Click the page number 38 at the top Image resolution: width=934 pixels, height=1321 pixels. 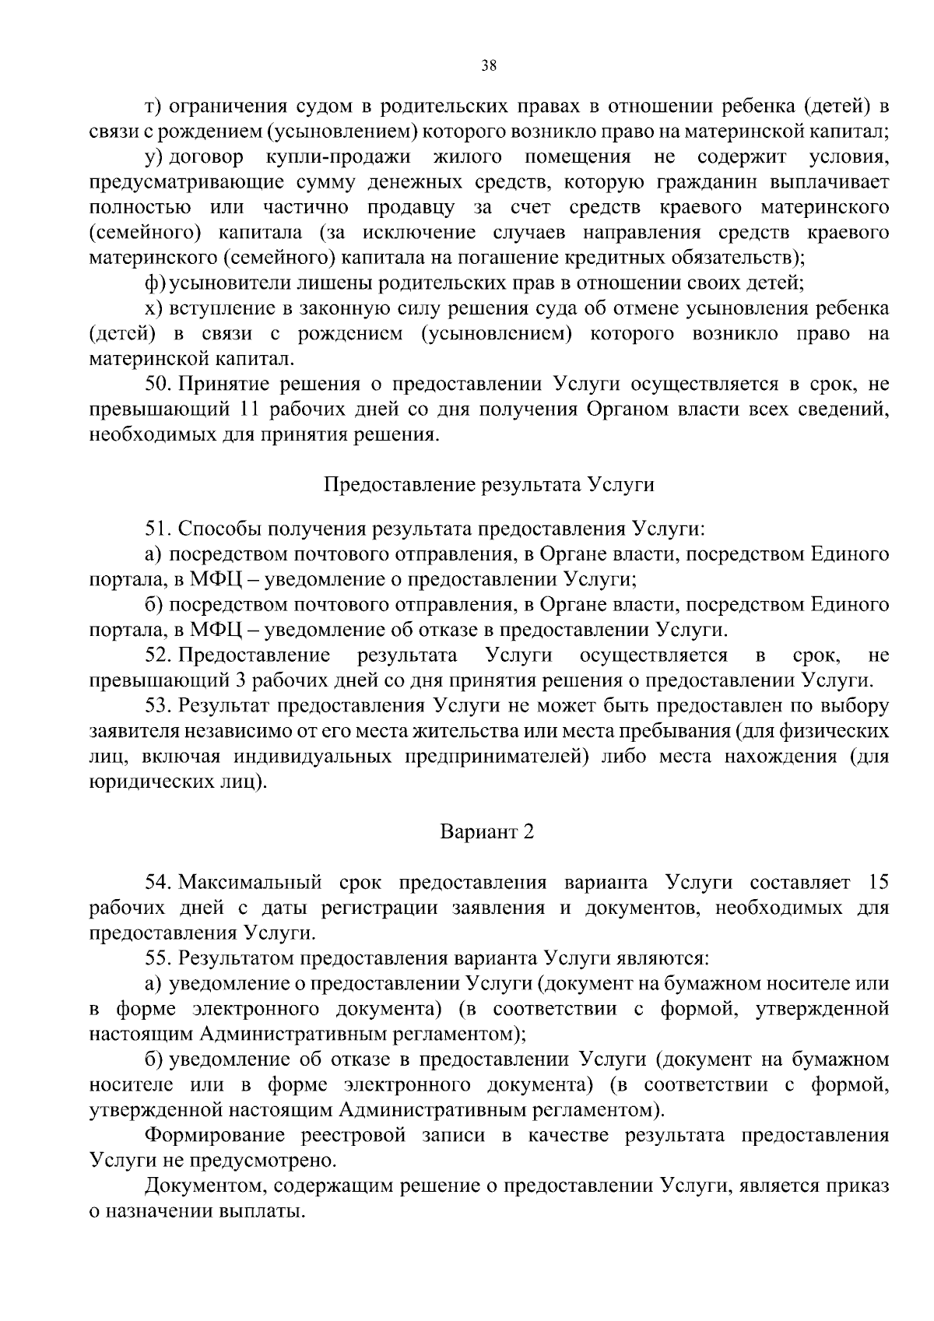tap(489, 66)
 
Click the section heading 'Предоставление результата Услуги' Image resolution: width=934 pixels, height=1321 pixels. tap(488, 485)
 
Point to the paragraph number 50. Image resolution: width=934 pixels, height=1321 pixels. tap(160, 384)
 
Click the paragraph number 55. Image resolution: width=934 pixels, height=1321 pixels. tap(160, 958)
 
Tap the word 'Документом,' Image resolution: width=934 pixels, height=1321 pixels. tap(203, 1186)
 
